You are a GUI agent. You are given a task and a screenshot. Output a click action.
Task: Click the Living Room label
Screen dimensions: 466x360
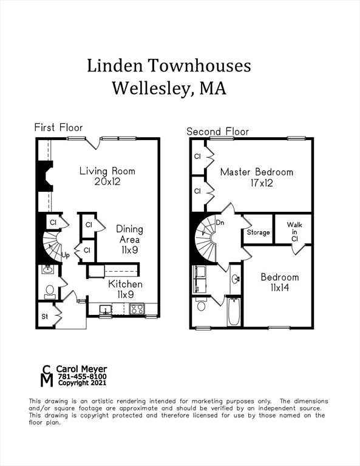click(107, 171)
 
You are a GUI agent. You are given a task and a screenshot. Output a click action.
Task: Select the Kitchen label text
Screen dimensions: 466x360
click(126, 284)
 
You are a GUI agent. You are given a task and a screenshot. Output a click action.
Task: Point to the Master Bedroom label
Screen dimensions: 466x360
click(256, 172)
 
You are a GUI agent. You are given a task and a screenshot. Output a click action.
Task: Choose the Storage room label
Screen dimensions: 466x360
click(258, 232)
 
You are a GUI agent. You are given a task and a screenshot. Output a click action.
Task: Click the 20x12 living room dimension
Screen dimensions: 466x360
click(107, 181)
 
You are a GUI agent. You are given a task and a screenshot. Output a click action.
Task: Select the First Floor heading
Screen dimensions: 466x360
click(58, 127)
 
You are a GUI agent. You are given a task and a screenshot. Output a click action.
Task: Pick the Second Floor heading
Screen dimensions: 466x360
click(217, 131)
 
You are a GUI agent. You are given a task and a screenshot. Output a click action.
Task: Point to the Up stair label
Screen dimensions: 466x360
click(66, 255)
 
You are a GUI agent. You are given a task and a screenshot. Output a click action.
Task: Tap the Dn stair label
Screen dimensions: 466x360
click(220, 223)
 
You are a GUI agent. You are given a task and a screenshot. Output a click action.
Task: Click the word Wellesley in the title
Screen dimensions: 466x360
click(149, 88)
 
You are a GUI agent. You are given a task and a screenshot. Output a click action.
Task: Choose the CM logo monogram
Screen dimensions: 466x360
click(46, 376)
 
